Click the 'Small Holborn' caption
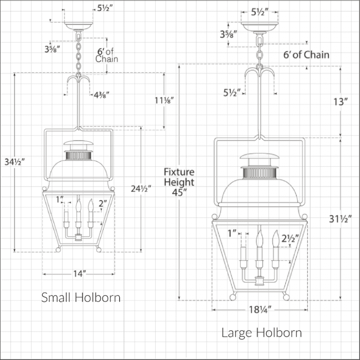81,297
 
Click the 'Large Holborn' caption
261,332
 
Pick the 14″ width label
79,273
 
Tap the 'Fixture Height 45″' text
179,182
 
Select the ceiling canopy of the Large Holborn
259,27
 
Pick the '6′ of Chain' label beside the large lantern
306,54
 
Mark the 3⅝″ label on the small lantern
52,49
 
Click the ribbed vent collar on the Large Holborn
259,173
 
